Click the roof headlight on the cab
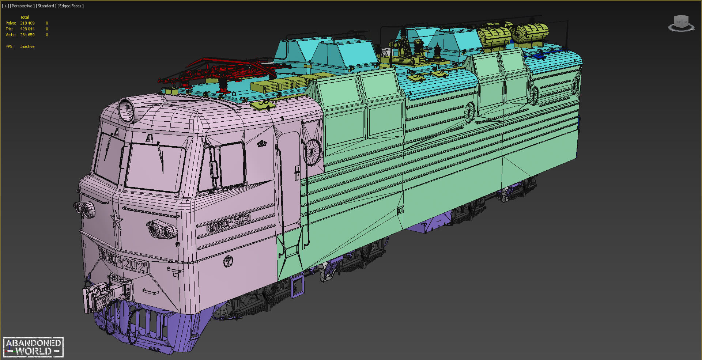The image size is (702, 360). point(127,110)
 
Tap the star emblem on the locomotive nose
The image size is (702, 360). point(116,220)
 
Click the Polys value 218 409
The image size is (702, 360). point(27,23)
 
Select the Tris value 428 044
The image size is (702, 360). point(27,29)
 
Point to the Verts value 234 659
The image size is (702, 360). point(27,35)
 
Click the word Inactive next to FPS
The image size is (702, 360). point(27,46)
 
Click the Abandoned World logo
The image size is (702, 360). point(33,347)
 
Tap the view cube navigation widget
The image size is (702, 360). point(681,23)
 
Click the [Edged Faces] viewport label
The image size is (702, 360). point(71,6)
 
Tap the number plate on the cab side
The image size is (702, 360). point(229,222)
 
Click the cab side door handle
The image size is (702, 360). point(297,172)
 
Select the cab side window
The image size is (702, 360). point(232,164)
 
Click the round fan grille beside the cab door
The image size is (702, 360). point(312,152)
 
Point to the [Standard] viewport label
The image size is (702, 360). point(46,6)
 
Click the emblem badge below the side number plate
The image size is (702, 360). point(228,261)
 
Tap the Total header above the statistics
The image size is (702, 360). point(24,17)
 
